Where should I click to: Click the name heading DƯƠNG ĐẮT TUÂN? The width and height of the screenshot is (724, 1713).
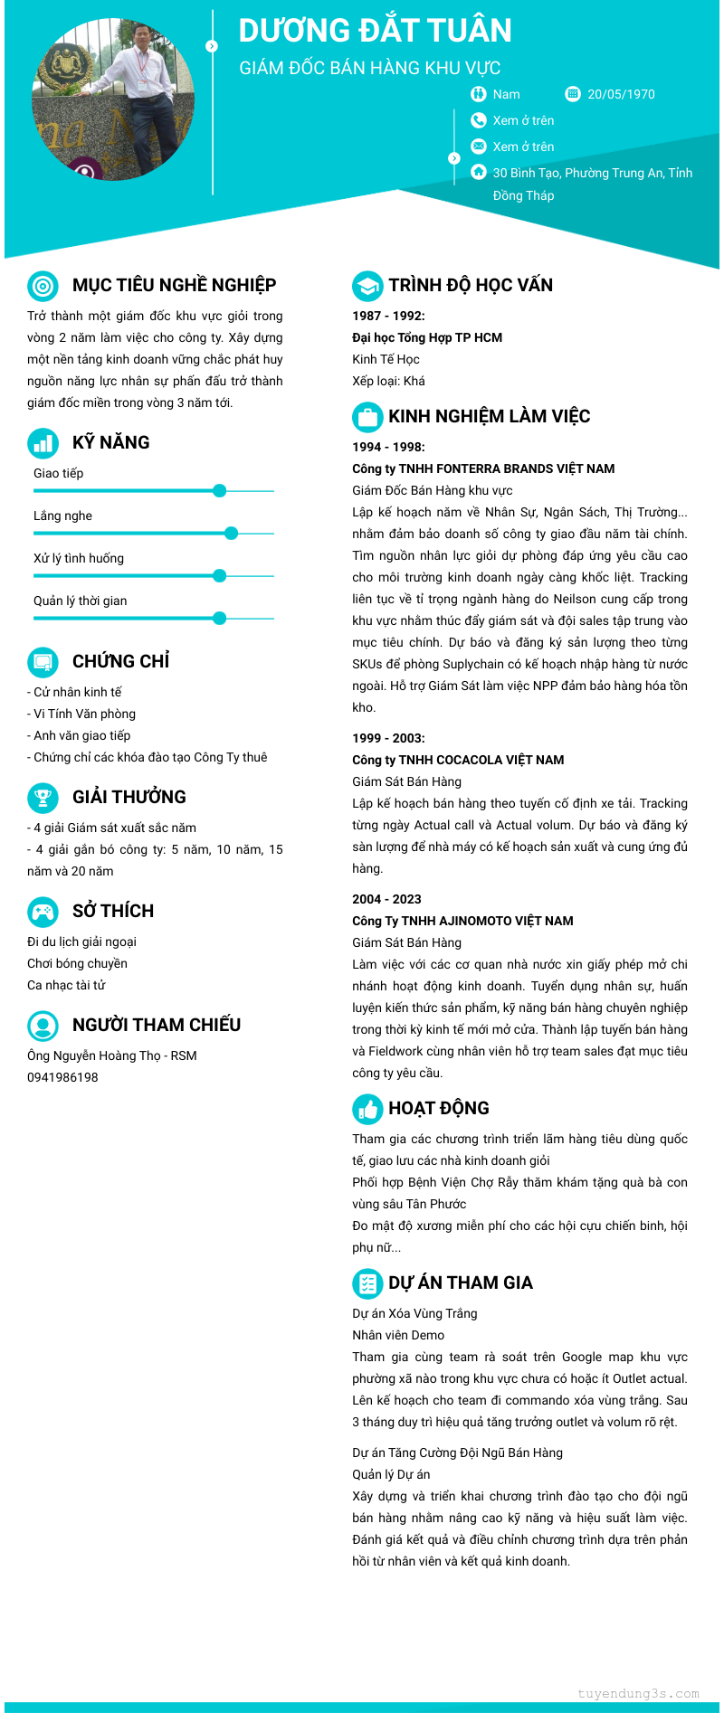click(x=375, y=31)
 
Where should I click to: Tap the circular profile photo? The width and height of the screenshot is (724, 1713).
click(x=113, y=99)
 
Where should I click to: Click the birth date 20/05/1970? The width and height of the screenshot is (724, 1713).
click(x=621, y=94)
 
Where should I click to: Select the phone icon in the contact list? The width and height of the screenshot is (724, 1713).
click(x=479, y=120)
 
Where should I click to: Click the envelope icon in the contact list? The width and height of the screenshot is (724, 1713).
click(x=479, y=147)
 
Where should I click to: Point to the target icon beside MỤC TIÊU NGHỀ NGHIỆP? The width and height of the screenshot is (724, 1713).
click(x=43, y=286)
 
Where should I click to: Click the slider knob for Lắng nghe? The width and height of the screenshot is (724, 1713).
click(x=231, y=534)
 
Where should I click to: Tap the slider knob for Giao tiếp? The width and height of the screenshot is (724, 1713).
click(x=219, y=491)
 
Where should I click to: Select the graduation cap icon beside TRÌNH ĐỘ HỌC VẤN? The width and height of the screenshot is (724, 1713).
click(x=367, y=286)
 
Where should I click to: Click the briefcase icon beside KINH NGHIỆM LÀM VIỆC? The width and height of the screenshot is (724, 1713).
click(x=367, y=417)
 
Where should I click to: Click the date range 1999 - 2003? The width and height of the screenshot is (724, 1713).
click(x=388, y=738)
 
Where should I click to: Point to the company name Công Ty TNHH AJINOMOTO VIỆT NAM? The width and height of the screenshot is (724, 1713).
click(x=462, y=921)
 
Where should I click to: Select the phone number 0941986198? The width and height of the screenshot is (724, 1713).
click(x=62, y=1077)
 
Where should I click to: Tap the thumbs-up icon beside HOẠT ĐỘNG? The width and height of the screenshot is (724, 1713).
click(x=367, y=1109)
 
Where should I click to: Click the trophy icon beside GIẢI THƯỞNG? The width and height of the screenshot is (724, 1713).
click(x=43, y=797)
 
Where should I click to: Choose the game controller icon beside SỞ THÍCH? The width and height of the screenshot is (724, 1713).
click(x=43, y=911)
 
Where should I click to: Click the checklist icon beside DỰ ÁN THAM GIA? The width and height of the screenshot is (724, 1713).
click(x=367, y=1283)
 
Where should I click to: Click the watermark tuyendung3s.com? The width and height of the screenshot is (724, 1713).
click(x=638, y=1693)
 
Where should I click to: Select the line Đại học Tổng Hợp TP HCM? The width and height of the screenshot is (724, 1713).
click(x=427, y=337)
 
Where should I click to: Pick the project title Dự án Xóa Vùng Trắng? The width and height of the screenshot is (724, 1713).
click(x=414, y=1313)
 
